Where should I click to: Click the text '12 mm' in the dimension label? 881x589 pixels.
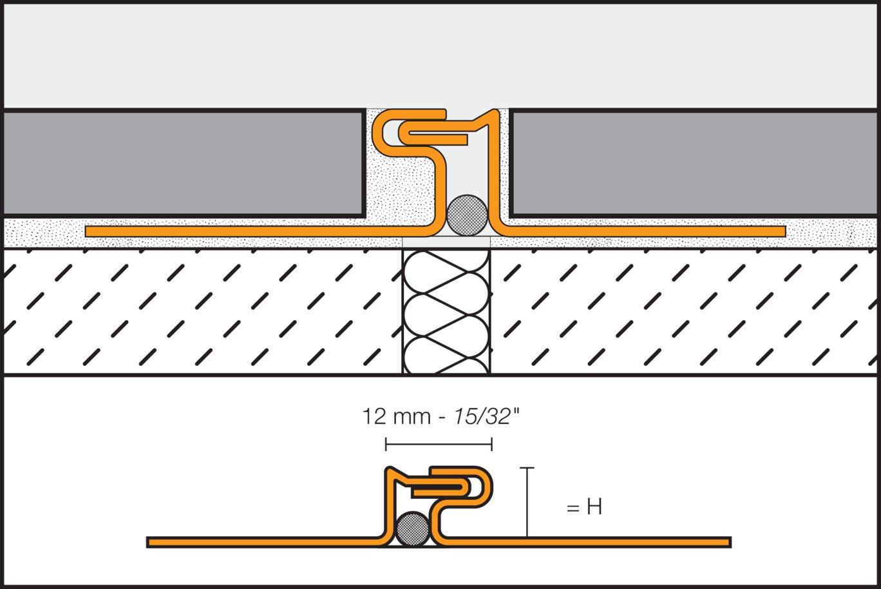tap(396, 417)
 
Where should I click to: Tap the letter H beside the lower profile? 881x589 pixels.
tap(594, 508)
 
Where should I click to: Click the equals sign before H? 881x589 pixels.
tap(573, 508)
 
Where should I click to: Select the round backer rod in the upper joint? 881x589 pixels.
tap(468, 215)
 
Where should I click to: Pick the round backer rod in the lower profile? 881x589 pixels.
tap(413, 530)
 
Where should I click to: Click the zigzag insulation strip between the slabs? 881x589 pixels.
tap(446, 311)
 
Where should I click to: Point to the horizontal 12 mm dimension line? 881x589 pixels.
tap(439, 444)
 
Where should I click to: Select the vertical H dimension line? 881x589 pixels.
tap(527, 502)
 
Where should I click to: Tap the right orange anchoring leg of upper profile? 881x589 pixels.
tap(644, 231)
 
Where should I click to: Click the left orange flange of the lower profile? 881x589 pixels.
tap(258, 542)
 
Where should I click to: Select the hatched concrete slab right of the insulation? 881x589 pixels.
tap(683, 311)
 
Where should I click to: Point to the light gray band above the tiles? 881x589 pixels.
tap(440, 55)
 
